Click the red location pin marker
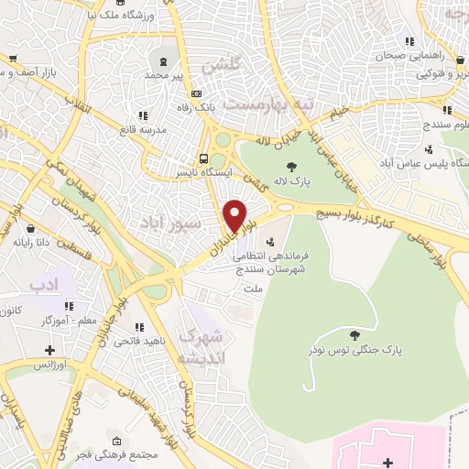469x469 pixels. pos(235,216)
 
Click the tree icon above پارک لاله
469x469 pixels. pos(292,166)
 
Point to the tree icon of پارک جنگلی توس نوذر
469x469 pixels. pos(354,333)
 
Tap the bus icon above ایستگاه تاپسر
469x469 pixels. pos(205,157)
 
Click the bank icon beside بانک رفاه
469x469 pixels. pos(196,93)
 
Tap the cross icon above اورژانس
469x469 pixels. pos(49,349)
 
